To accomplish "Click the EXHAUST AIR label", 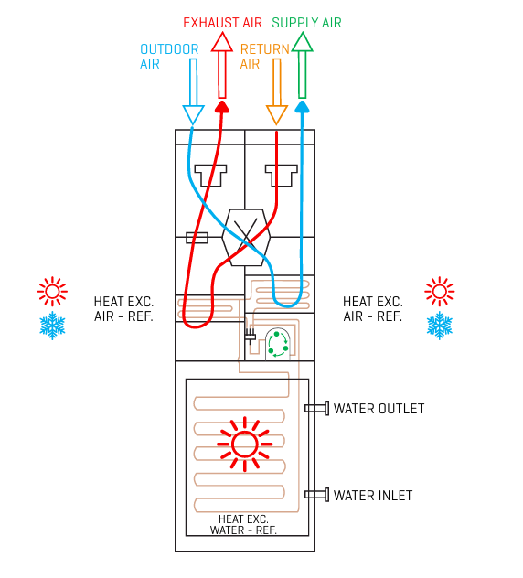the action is coord(222,23).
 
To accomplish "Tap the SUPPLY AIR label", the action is coord(306,23).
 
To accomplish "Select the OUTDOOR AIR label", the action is coord(169,57).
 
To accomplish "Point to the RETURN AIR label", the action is coord(264,57).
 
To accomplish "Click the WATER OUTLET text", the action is coord(379,409).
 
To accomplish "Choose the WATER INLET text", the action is coord(373,496).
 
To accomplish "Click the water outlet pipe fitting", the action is coord(317,409).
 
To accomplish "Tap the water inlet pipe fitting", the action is coord(317,495).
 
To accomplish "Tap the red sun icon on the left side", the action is coord(52,291).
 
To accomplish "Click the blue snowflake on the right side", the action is coord(439,326).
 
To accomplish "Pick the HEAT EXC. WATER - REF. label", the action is coord(243,525).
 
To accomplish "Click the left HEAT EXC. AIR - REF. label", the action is coord(123,309).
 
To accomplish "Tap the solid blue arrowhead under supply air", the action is coord(303,106).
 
